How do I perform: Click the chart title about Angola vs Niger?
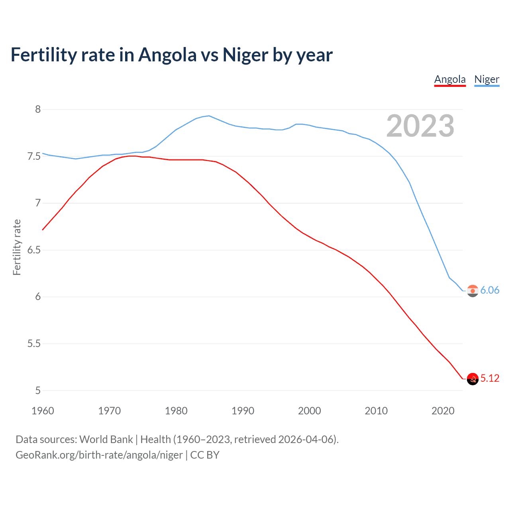pyautogui.click(x=171, y=55)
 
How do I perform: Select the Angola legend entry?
pyautogui.click(x=450, y=79)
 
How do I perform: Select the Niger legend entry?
pyautogui.click(x=486, y=79)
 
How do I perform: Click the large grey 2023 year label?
pyautogui.click(x=420, y=126)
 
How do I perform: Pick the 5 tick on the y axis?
pyautogui.click(x=38, y=390)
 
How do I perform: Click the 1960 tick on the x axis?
pyautogui.click(x=43, y=411)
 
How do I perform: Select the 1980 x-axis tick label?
pyautogui.click(x=176, y=411)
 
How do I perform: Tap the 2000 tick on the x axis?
pyautogui.click(x=310, y=411)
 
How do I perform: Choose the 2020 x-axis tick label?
pyautogui.click(x=443, y=411)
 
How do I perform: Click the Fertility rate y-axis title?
pyautogui.click(x=17, y=247)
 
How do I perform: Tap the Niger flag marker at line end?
pyautogui.click(x=473, y=291)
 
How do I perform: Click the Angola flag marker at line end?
pyautogui.click(x=473, y=379)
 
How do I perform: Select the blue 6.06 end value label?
pyautogui.click(x=490, y=290)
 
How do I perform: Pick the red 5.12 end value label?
pyautogui.click(x=490, y=378)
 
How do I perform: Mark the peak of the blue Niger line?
pyautogui.click(x=209, y=116)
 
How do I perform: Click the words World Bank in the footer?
pyautogui.click(x=106, y=439)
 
